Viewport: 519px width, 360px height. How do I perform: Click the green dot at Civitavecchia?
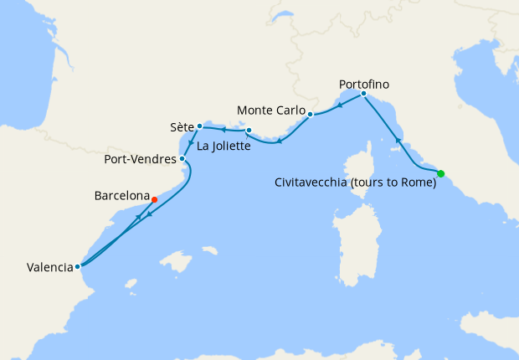pyautogui.click(x=441, y=173)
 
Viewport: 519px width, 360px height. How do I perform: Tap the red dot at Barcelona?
pyautogui.click(x=155, y=199)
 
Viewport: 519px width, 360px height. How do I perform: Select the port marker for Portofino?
pyautogui.click(x=363, y=94)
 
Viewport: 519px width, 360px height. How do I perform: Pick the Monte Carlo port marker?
pyautogui.click(x=310, y=114)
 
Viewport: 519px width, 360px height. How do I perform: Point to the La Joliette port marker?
pyautogui.click(x=249, y=130)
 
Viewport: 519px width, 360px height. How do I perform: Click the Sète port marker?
pyautogui.click(x=199, y=126)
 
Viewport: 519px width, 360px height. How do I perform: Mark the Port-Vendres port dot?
pyautogui.click(x=182, y=157)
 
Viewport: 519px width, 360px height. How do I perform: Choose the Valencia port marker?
pyautogui.click(x=77, y=267)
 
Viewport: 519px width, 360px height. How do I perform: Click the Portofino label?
pyautogui.click(x=364, y=84)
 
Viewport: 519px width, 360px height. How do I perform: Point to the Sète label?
pyautogui.click(x=182, y=128)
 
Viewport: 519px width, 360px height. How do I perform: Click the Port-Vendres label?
pyautogui.click(x=140, y=158)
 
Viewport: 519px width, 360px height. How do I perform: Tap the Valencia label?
pyautogui.click(x=49, y=268)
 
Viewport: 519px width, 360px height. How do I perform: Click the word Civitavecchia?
pyautogui.click(x=314, y=184)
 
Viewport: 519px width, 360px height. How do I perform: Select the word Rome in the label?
pyautogui.click(x=419, y=184)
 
